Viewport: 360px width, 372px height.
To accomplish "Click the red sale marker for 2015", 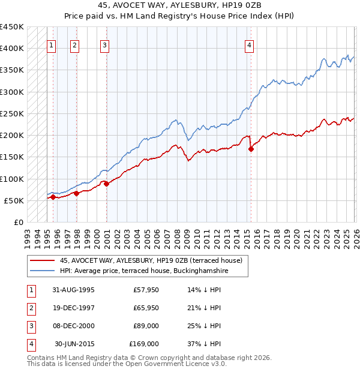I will [251, 149].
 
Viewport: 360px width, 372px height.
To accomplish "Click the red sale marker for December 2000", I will [106, 184].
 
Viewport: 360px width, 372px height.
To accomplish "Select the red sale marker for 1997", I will [76, 194].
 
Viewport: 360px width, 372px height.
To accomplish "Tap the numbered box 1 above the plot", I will [52, 44].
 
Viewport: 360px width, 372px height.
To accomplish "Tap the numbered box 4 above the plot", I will [249, 44].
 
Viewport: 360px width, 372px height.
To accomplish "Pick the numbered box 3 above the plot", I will [104, 44].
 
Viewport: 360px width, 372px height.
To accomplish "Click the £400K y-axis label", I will [13, 49].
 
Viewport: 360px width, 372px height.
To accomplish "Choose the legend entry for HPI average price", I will [144, 271].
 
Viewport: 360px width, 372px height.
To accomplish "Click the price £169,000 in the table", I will [144, 344].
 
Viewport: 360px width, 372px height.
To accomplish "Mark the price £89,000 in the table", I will [146, 326].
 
